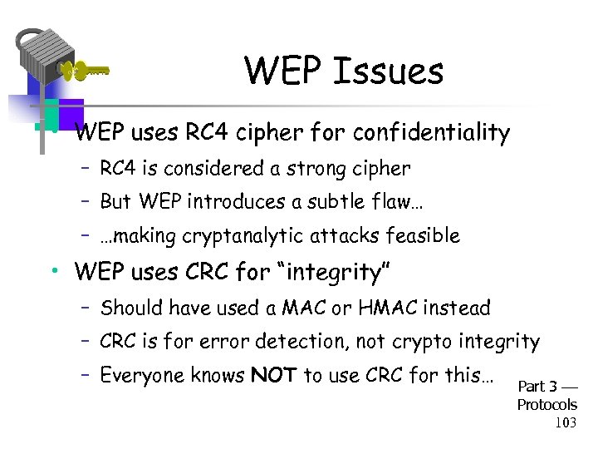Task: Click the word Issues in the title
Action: (388, 72)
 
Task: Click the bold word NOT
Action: (273, 375)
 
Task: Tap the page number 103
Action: (566, 422)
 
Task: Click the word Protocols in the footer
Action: (547, 405)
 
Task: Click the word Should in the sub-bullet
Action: (131, 308)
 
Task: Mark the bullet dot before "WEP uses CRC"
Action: (52, 272)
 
